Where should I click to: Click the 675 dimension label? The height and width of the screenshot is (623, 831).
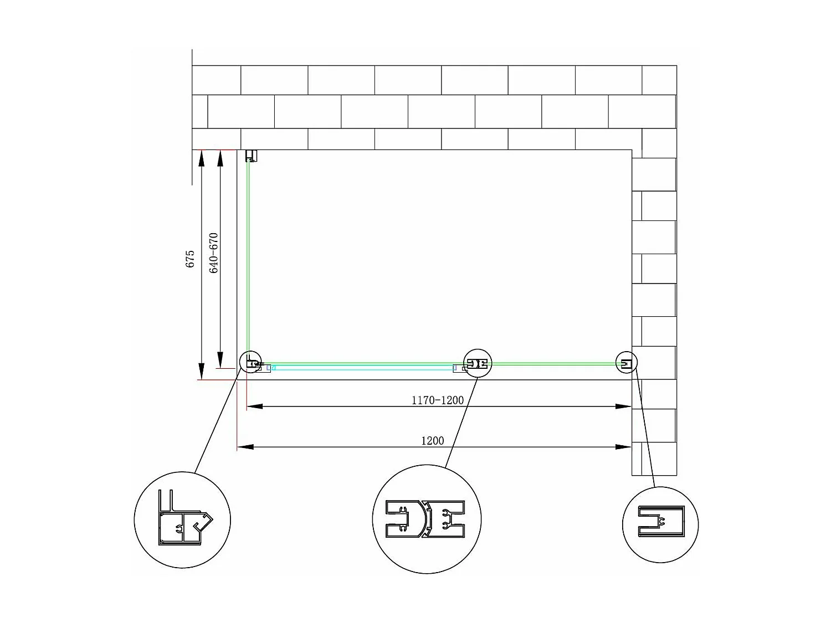(190, 259)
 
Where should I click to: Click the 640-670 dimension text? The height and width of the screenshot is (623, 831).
(214, 253)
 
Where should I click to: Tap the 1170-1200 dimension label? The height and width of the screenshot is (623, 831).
(438, 400)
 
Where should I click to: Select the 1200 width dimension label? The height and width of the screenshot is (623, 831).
(433, 441)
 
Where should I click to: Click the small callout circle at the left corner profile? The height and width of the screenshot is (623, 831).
(250, 362)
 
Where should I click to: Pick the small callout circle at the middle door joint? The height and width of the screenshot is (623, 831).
(477, 363)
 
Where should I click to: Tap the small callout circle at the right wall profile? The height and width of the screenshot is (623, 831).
(627, 362)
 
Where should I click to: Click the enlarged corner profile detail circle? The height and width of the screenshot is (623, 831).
(182, 520)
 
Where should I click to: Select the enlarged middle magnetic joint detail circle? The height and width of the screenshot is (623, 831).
(427, 519)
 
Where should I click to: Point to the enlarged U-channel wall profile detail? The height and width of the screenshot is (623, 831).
(660, 524)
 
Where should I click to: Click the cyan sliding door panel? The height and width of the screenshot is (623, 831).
(363, 368)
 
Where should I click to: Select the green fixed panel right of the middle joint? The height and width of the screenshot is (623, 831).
(554, 364)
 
